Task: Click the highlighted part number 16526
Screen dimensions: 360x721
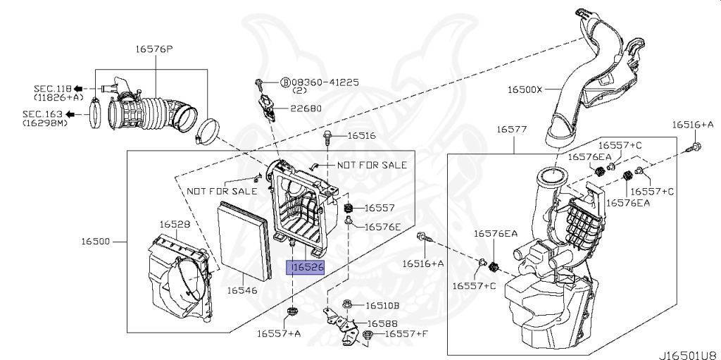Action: pos(308,268)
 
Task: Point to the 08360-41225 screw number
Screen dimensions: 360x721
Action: pos(325,82)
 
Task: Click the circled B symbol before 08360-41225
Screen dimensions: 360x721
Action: pos(286,82)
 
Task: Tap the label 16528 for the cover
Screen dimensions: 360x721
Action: pos(174,225)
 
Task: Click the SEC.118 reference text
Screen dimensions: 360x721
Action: pos(53,88)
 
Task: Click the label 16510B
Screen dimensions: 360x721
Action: pos(382,306)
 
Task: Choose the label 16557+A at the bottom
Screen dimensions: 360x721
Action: pos(279,333)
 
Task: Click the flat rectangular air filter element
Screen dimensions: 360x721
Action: pos(242,239)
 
